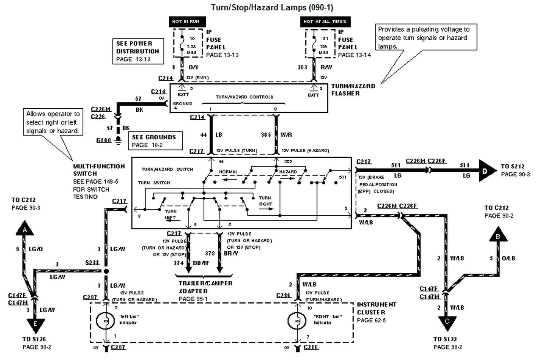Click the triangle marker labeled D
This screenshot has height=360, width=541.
[486, 171]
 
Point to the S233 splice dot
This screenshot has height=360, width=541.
[106, 271]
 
